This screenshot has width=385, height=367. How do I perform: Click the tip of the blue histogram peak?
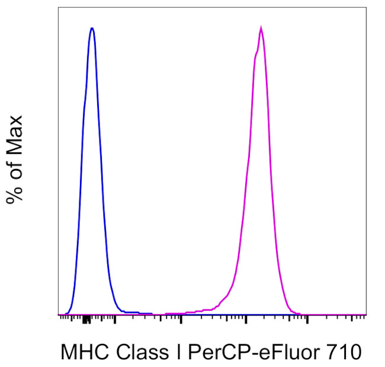pos(92,28)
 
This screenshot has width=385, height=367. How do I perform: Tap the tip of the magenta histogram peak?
pos(261,27)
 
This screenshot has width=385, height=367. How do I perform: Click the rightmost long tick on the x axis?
pos(307,319)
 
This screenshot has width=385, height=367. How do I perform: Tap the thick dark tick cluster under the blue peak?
pos(86,320)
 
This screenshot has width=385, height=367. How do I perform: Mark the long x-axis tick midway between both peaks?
pos(181,319)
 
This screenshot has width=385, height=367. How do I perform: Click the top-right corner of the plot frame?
pos(365,8)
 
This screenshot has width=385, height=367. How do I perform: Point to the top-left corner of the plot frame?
pos(58,8)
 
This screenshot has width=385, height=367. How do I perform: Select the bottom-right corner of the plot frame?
pos(365,314)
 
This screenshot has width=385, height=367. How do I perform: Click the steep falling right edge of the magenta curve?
pos(275,178)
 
